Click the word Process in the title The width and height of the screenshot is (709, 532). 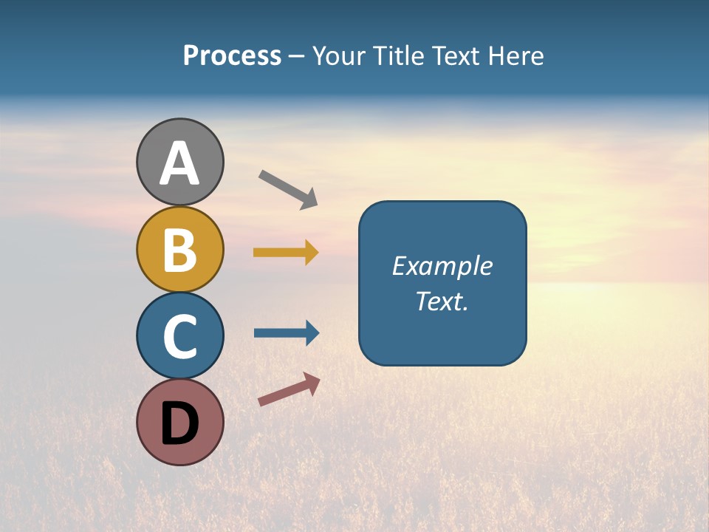click(232, 56)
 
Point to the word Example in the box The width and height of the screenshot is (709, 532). click(442, 266)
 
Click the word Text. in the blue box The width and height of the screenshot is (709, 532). click(442, 301)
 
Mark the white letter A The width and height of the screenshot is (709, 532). click(179, 163)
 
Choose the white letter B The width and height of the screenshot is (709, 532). click(179, 250)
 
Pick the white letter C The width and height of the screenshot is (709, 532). click(179, 336)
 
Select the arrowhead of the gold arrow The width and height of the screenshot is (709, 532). click(311, 253)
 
